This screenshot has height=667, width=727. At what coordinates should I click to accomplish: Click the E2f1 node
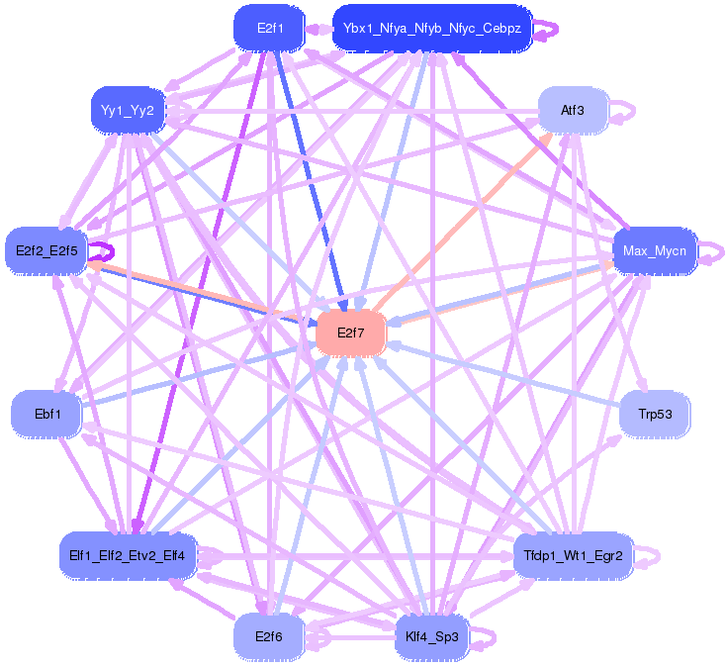pyautogui.click(x=269, y=29)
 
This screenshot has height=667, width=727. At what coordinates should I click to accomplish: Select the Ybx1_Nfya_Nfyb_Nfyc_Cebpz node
pyautogui.click(x=432, y=29)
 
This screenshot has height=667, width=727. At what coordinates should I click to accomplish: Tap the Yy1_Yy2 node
pyautogui.click(x=128, y=111)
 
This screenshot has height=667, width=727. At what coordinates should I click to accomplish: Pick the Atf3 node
pyautogui.click(x=573, y=111)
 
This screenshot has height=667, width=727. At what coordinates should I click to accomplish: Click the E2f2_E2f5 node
pyautogui.click(x=46, y=251)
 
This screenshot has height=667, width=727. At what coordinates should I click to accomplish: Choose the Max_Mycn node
pyautogui.click(x=655, y=251)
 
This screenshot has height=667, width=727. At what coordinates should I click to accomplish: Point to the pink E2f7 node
pyautogui.click(x=350, y=333)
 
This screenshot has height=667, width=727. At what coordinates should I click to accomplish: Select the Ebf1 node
pyautogui.click(x=46, y=414)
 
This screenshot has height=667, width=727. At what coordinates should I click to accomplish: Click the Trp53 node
pyautogui.click(x=655, y=414)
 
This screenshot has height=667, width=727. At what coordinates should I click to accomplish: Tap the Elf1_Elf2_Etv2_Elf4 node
pyautogui.click(x=128, y=556)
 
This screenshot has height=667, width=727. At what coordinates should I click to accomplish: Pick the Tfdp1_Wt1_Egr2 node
pyautogui.click(x=573, y=556)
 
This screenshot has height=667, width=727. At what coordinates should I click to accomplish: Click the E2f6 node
pyautogui.click(x=269, y=637)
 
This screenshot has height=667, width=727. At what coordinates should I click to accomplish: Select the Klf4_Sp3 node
pyautogui.click(x=432, y=637)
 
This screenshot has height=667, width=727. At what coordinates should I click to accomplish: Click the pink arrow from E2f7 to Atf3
pyautogui.click(x=463, y=221)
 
